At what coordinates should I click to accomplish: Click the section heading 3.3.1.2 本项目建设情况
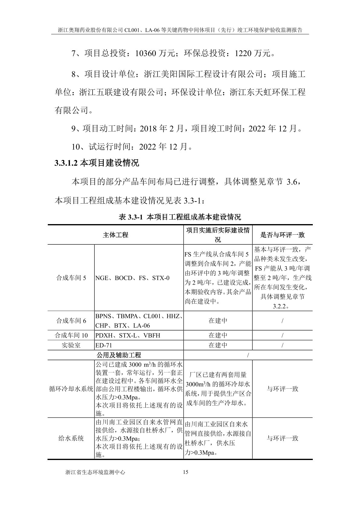(97, 163)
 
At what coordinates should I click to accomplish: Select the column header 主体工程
(115, 235)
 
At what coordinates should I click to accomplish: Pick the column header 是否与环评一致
(282, 235)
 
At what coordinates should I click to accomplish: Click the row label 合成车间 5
(71, 278)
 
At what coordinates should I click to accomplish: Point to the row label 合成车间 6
(71, 321)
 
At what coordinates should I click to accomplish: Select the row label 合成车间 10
(71, 335)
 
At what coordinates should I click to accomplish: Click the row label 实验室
(71, 345)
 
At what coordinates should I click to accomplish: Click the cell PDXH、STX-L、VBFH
(128, 335)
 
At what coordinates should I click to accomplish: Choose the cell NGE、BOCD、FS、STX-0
(133, 278)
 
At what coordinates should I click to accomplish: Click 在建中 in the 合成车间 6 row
(218, 321)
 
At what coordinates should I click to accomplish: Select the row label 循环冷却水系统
(71, 389)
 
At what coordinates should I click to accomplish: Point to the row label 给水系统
(71, 438)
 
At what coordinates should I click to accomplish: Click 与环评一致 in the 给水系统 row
(282, 438)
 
